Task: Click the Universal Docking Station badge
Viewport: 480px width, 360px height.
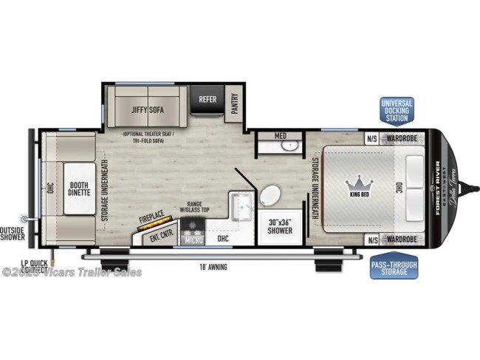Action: pos(397,109)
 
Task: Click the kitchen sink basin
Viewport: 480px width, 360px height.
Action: pos(240,203)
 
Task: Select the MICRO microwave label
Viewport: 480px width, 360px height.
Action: pos(194,239)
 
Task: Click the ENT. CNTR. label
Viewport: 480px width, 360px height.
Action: pos(157,236)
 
